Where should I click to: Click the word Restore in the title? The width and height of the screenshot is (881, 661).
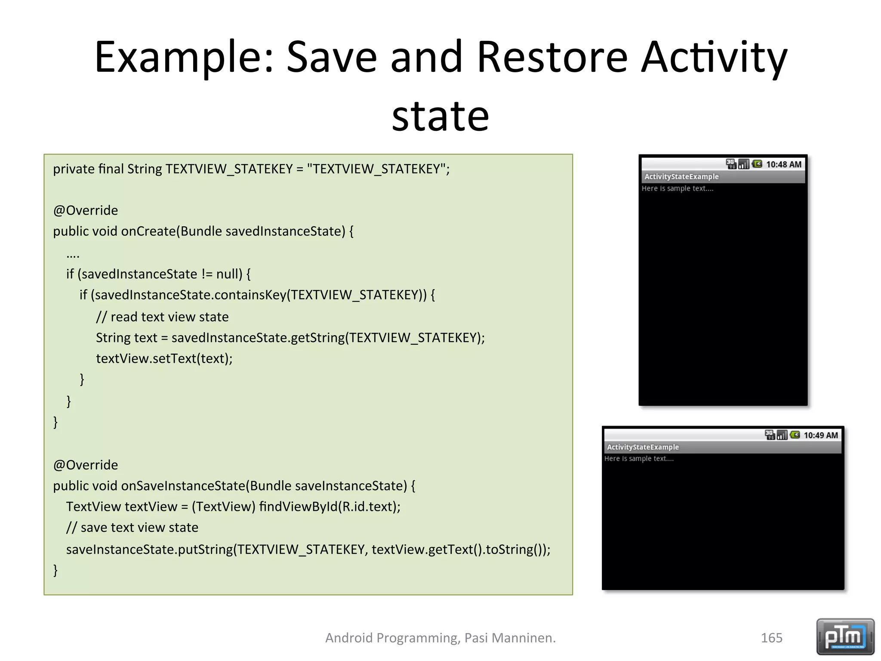[x=552, y=57]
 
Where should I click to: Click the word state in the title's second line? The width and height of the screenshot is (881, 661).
[x=440, y=116]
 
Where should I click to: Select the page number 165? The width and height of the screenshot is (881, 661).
[x=771, y=638]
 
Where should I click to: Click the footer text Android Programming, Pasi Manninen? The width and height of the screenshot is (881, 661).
[x=440, y=638]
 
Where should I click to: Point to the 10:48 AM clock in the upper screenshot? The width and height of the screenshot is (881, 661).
[x=783, y=164]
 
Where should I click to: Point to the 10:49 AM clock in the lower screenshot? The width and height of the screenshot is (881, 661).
[x=820, y=435]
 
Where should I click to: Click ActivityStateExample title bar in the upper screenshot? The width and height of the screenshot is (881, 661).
[x=681, y=177]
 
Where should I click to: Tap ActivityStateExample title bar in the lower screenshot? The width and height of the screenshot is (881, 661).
[x=643, y=447]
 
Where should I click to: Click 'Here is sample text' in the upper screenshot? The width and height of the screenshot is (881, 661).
[x=677, y=188]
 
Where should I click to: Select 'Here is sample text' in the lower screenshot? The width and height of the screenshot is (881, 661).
[x=639, y=459]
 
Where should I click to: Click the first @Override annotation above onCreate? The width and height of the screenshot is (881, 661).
[x=85, y=210]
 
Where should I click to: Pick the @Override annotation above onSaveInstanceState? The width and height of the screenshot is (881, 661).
[x=85, y=465]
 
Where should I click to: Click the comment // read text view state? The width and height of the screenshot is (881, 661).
[x=162, y=317]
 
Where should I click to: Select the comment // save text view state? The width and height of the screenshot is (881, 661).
[x=132, y=528]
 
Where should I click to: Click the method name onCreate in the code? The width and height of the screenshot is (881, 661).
[x=148, y=232]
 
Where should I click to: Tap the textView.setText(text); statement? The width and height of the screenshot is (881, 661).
[x=164, y=358]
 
